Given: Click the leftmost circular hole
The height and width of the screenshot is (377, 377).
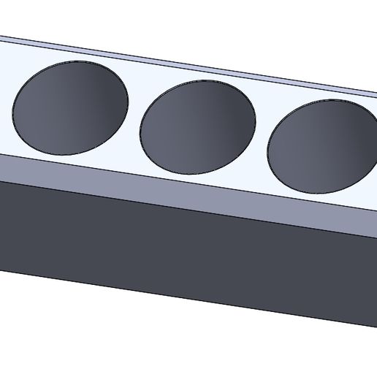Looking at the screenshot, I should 71,108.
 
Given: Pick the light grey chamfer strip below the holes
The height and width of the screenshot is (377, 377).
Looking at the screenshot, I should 183,191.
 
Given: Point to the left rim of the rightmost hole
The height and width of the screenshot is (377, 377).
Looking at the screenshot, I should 268,150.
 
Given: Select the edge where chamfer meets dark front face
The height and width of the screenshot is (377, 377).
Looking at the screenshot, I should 183,207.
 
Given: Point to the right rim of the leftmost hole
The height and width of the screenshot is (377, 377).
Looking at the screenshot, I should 129,102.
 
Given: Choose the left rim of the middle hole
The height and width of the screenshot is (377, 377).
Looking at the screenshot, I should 140,130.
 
